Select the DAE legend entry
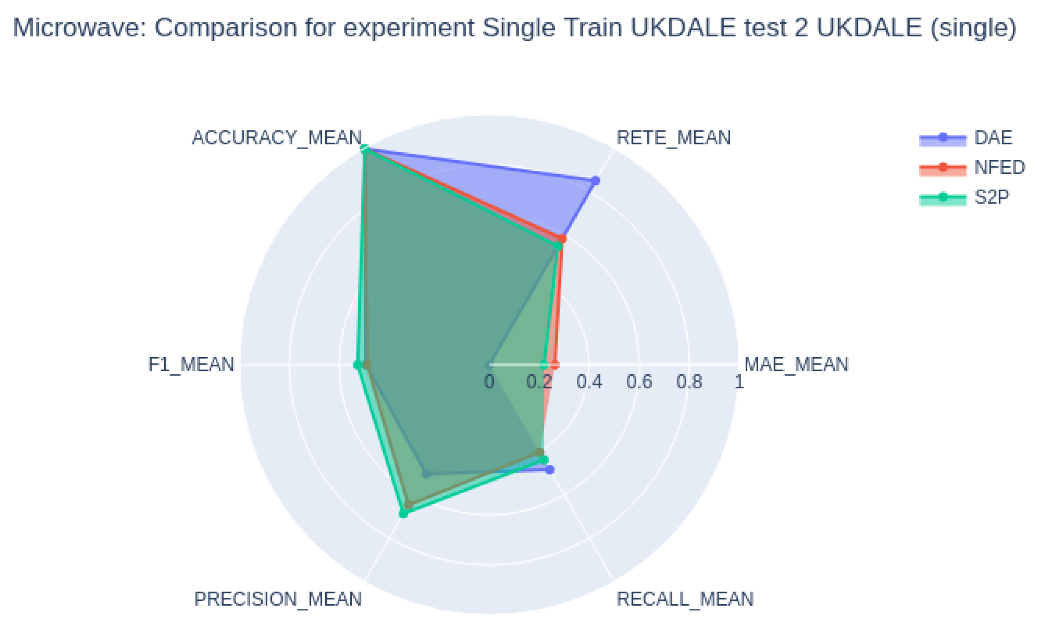993,138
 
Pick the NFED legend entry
999,168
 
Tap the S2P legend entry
992,198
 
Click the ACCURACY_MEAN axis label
277,138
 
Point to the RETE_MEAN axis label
673,138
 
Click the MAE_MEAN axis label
796,365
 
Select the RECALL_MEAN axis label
685,599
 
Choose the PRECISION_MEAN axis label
277,599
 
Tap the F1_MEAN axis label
191,365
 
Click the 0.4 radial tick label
589,382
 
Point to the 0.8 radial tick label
689,382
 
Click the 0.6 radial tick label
639,382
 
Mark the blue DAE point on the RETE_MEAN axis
595,181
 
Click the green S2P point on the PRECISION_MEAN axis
403,514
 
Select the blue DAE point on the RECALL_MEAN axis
550,470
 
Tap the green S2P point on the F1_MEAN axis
357,365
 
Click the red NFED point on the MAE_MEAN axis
555,365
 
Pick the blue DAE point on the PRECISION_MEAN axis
426,474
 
